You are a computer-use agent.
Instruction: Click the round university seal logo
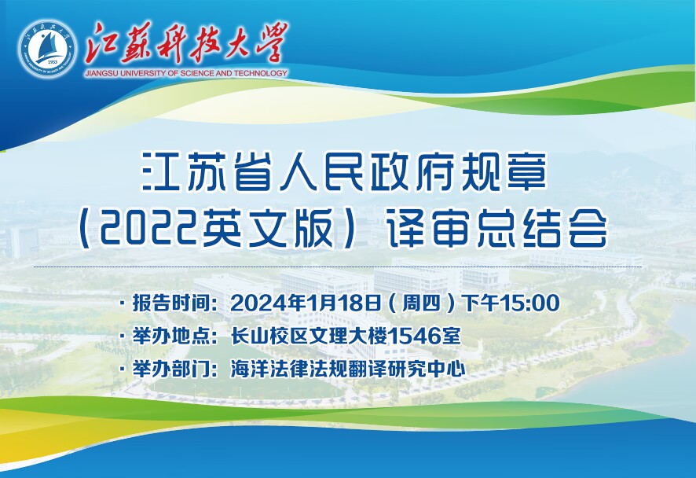click(46, 50)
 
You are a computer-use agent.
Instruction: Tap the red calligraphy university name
click(186, 42)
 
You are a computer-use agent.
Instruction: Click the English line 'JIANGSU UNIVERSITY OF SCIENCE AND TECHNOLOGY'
click(186, 73)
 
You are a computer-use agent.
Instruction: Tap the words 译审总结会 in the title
click(497, 231)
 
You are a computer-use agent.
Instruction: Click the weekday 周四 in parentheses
click(421, 303)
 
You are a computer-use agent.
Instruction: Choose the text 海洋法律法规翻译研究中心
click(348, 370)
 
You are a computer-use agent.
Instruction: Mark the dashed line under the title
click(338, 267)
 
